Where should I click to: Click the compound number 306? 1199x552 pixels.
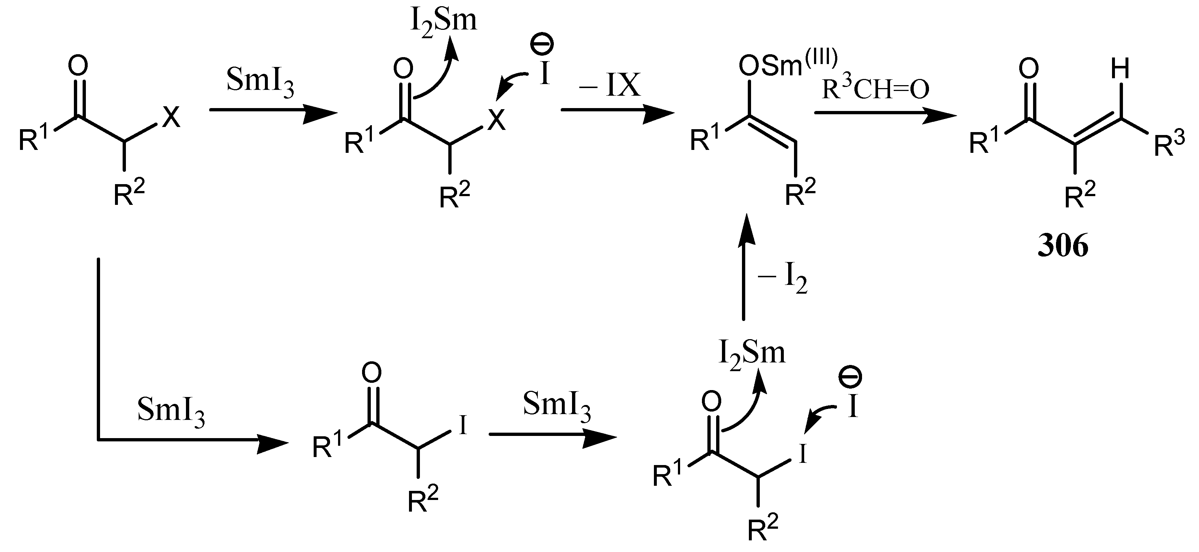pos(1063,246)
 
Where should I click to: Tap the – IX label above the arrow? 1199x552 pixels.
pos(610,85)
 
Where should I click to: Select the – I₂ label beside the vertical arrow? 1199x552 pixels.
pos(782,279)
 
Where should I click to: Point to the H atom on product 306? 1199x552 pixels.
pos(1120,70)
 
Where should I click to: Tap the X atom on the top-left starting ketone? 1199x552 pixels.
pos(171,118)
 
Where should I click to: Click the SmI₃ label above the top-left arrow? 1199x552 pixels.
pos(260,83)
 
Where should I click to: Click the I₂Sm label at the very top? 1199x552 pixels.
pos(444,21)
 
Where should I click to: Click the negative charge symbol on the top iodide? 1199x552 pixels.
pos(541,47)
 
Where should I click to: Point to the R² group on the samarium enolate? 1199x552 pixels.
pos(800,193)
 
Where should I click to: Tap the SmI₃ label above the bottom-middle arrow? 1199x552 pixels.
pos(557,405)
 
